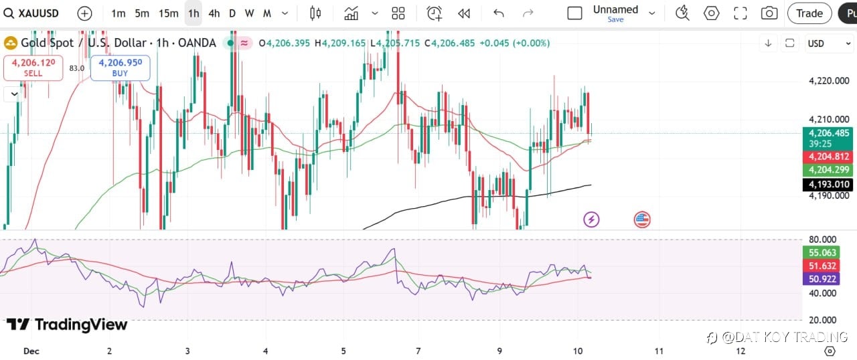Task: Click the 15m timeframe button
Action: (168, 13)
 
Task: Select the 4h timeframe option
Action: (214, 13)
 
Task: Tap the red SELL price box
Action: (33, 68)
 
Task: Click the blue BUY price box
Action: (120, 68)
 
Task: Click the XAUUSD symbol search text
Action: (39, 13)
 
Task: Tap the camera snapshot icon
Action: (769, 13)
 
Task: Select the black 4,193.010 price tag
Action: (828, 184)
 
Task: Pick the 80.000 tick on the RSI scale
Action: (823, 240)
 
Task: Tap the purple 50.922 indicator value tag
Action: (823, 278)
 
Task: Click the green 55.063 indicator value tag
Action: (823, 252)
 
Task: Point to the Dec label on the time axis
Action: (31, 351)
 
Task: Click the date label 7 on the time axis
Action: (418, 351)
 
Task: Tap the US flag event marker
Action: (642, 219)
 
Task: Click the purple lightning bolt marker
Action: (591, 219)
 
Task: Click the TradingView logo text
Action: (68, 325)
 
